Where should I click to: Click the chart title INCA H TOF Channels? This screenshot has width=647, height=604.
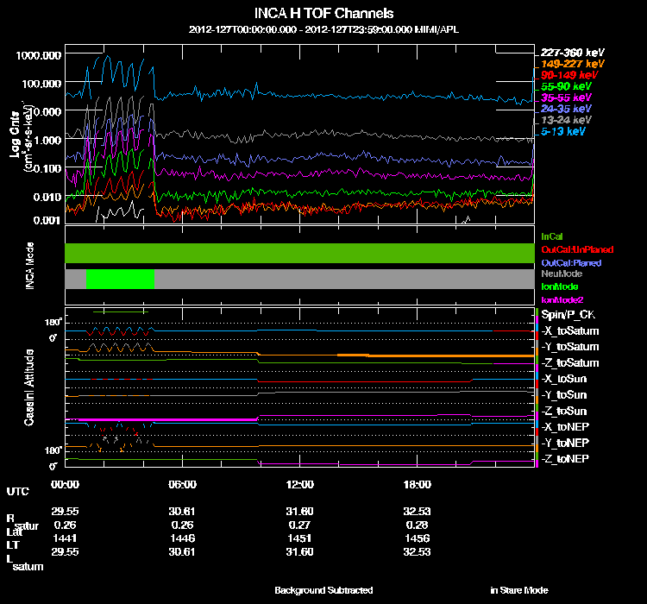323,14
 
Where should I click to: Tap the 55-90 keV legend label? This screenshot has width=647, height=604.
566,86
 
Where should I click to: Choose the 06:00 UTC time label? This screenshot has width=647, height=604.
182,484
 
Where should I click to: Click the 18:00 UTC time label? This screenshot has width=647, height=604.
417,484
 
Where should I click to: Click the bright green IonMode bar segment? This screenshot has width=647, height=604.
120,279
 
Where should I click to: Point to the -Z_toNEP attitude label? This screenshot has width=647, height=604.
568,457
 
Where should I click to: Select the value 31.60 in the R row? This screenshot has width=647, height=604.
299,511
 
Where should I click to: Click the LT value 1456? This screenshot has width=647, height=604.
417,537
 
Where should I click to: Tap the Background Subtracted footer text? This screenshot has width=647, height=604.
323,590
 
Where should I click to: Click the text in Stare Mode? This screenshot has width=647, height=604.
518,590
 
